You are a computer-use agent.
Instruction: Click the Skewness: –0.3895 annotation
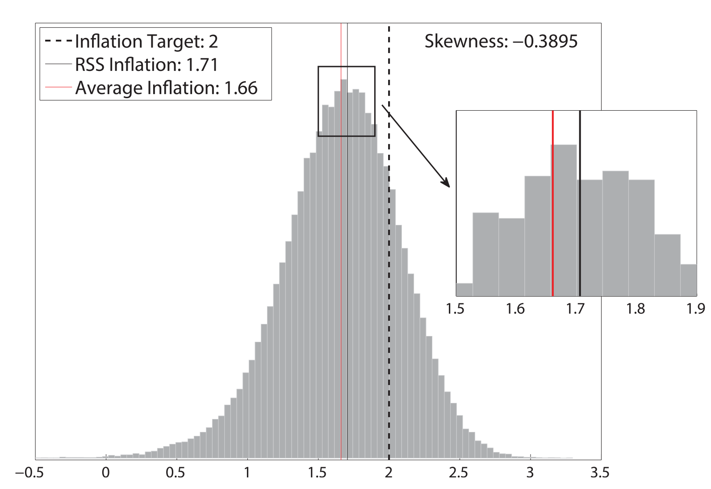pyautogui.click(x=501, y=41)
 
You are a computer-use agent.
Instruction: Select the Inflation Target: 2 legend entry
pyautogui.click(x=146, y=41)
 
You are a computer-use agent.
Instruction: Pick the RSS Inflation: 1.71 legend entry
pyautogui.click(x=146, y=65)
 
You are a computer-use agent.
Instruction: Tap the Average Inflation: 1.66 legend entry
pyautogui.click(x=166, y=88)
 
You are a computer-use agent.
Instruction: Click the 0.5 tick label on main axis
pyautogui.click(x=176, y=473)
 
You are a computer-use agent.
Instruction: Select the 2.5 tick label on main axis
pyautogui.click(x=459, y=473)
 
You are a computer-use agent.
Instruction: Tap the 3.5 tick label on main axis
pyautogui.click(x=599, y=473)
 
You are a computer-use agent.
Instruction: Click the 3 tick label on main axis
pyautogui.click(x=530, y=473)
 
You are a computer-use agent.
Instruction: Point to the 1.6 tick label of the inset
pyautogui.click(x=515, y=308)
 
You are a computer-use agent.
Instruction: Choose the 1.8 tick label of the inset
pyautogui.click(x=636, y=308)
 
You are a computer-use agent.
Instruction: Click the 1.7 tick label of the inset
pyautogui.click(x=575, y=308)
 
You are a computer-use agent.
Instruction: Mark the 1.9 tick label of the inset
pyautogui.click(x=696, y=308)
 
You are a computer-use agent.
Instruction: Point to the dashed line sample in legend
pyautogui.click(x=58, y=41)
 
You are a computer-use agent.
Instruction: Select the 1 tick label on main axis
pyautogui.click(x=247, y=473)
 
